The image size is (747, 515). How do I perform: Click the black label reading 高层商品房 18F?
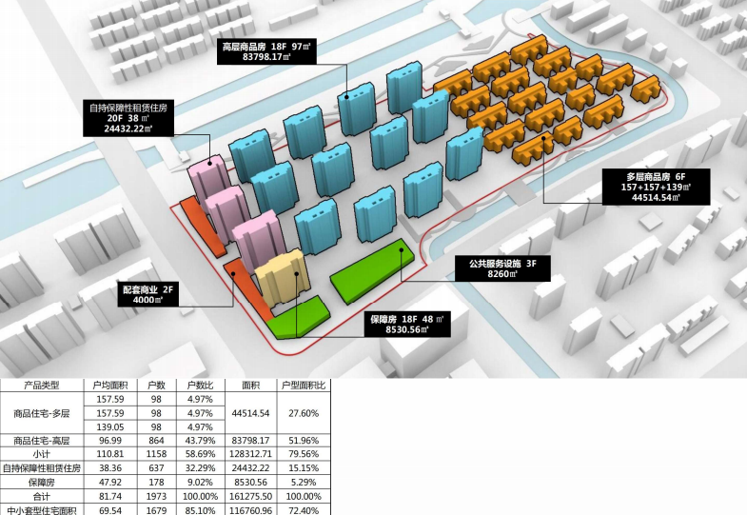click(x=268, y=50)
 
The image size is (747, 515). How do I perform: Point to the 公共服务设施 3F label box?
click(x=502, y=267)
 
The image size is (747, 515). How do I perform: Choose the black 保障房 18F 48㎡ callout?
click(x=408, y=325)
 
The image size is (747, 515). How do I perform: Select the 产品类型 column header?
click(x=41, y=386)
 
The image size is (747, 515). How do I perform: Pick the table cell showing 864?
click(x=157, y=441)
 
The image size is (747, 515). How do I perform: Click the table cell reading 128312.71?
click(x=251, y=455)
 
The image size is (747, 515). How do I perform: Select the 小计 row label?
click(x=41, y=455)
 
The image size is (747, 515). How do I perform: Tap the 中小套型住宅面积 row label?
click(x=41, y=510)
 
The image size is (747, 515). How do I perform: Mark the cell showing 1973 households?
click(x=157, y=496)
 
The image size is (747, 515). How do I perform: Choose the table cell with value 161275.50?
click(x=251, y=496)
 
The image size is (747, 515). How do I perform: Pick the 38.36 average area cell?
click(x=111, y=468)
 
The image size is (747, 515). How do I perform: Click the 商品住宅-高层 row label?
click(x=41, y=441)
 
